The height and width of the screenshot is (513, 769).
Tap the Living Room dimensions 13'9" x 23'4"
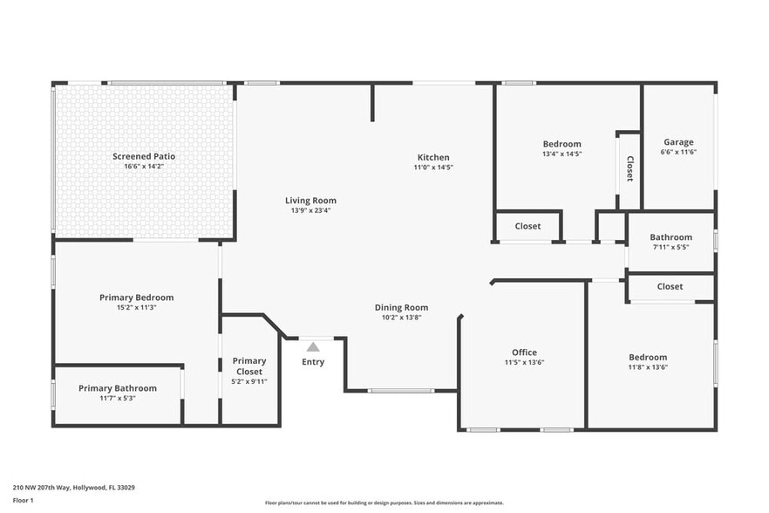[x=310, y=210]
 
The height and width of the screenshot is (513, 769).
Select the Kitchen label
[x=433, y=157]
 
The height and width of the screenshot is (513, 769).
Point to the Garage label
[x=678, y=142]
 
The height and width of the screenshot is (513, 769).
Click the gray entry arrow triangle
[x=313, y=347]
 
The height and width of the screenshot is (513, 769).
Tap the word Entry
[x=313, y=362]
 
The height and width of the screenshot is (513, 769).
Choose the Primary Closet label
[x=249, y=366]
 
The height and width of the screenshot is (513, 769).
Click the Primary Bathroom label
[x=118, y=388]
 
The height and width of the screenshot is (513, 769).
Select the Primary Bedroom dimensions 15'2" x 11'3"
[x=136, y=307]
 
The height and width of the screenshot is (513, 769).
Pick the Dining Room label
[x=401, y=307]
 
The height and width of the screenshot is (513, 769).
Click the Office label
[x=524, y=352]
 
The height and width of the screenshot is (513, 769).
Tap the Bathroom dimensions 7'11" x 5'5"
[x=670, y=247]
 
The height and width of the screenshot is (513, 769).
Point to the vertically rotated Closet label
[x=629, y=168]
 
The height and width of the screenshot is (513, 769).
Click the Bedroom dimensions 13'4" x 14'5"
[x=561, y=154]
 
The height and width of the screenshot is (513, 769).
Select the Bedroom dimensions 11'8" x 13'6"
[x=648, y=366]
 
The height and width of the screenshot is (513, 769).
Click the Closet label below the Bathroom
[x=670, y=286]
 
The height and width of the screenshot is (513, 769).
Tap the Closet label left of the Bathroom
[x=527, y=226]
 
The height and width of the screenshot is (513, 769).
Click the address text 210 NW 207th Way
[x=73, y=488]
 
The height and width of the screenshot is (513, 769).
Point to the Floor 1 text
[x=23, y=500]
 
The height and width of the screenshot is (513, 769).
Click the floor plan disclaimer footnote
[x=384, y=503]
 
